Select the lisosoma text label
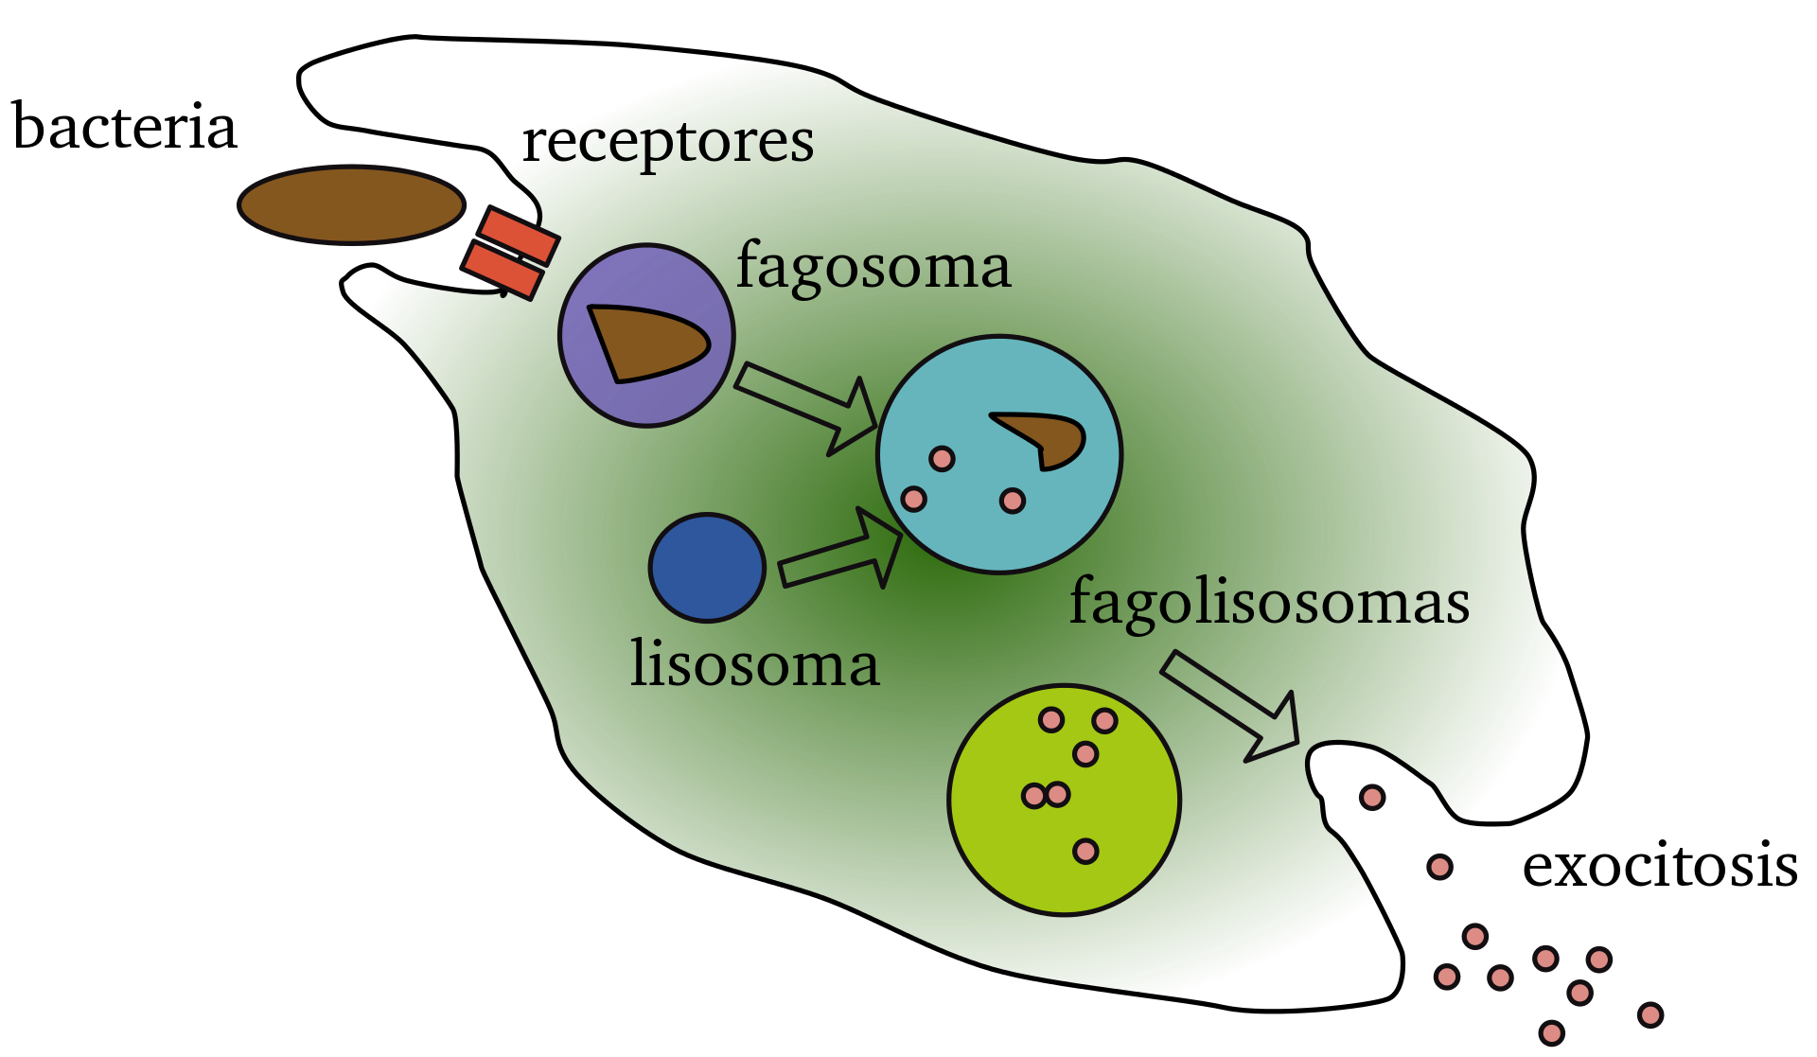754,664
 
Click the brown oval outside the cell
351,205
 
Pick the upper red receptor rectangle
519,236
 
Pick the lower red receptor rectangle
503,271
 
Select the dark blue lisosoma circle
707,568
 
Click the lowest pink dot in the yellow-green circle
1085,852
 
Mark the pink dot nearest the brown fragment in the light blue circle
1013,501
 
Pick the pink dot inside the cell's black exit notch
1371,798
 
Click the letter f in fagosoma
750,265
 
